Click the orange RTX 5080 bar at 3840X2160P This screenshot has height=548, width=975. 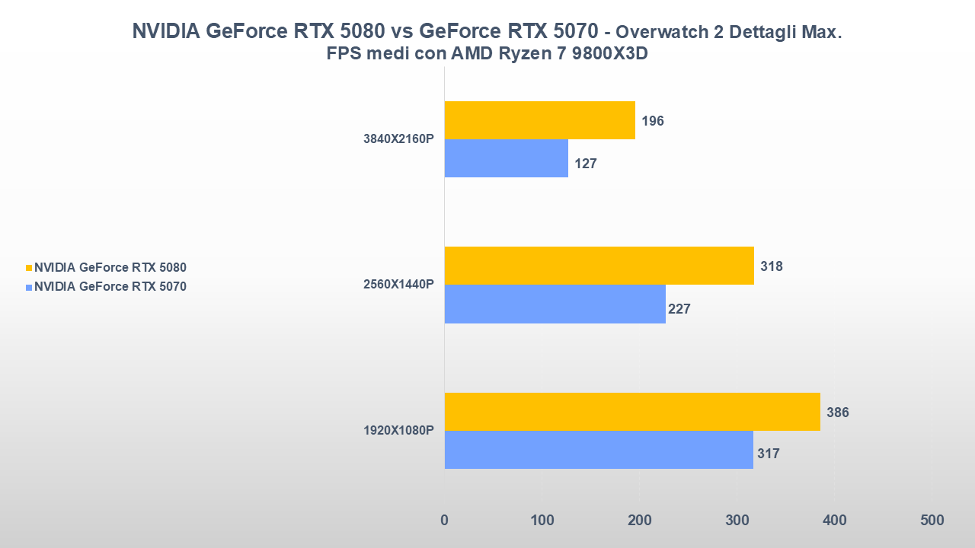click(x=539, y=120)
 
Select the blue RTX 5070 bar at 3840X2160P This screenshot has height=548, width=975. click(x=506, y=158)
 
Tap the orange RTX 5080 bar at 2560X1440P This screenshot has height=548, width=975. click(x=599, y=266)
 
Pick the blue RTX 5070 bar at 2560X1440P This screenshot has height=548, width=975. click(x=555, y=304)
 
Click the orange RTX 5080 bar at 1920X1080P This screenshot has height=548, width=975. click(x=632, y=412)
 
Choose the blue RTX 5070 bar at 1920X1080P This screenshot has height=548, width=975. click(x=599, y=450)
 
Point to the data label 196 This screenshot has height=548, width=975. click(x=653, y=121)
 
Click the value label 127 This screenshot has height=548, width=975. click(x=586, y=163)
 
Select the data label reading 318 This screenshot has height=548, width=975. click(x=772, y=266)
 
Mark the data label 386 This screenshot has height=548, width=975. click(x=838, y=413)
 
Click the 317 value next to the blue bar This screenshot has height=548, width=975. click(x=769, y=454)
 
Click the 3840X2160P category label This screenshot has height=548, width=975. click(x=398, y=139)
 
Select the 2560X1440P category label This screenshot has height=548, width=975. click(x=398, y=285)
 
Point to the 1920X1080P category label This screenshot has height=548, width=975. click(x=398, y=430)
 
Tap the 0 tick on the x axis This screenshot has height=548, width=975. click(x=445, y=520)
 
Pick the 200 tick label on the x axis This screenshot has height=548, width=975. click(x=639, y=520)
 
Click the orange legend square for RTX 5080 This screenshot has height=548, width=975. click(x=29, y=268)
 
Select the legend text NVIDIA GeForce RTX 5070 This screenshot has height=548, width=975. click(x=110, y=287)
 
